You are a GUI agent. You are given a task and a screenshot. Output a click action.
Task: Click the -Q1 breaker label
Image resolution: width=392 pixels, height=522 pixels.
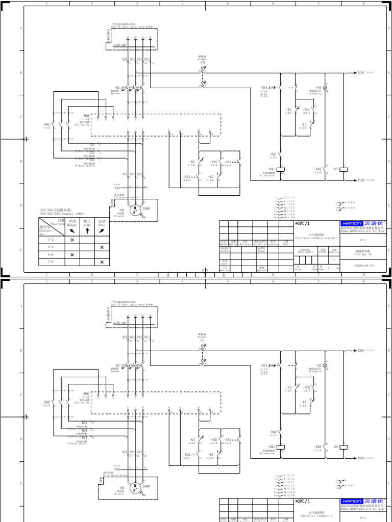click(117, 87)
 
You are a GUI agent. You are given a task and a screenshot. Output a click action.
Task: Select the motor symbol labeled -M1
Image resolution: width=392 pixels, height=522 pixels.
click(135, 208)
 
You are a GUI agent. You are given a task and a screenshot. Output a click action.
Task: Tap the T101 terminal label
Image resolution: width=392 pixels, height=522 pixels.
click(360, 73)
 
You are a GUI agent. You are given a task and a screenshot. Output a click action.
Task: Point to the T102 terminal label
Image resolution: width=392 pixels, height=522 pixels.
click(361, 180)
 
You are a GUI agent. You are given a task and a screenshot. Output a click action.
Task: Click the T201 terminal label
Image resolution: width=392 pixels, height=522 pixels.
click(361, 351)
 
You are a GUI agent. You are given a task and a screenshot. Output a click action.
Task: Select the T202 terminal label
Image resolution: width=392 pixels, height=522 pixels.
click(361, 458)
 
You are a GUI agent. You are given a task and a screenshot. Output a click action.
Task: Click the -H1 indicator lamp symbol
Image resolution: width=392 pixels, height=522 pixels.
click(326, 88)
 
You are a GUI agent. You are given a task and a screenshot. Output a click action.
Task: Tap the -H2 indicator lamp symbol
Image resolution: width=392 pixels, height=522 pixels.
click(326, 366)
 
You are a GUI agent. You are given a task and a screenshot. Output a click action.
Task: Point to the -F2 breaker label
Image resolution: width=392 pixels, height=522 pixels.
click(203, 62)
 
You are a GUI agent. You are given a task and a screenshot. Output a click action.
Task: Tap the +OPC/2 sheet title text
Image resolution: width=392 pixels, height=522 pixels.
click(303, 502)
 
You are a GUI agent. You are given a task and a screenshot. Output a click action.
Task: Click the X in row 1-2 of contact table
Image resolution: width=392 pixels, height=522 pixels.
click(72, 240)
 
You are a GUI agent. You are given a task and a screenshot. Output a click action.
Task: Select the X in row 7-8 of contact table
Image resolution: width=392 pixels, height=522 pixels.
click(102, 262)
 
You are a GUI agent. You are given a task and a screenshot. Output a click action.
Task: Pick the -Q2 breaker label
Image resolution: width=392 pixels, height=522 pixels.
click(117, 365)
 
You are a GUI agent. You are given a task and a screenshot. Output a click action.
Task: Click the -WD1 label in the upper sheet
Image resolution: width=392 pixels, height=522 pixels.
click(116, 188)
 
